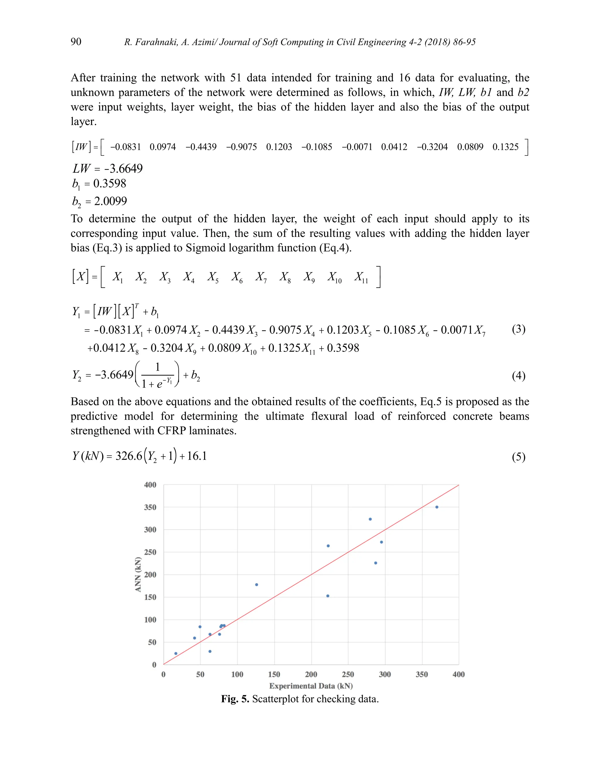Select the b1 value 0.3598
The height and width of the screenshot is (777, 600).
[x=110, y=184]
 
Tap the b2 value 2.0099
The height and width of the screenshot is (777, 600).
[x=110, y=201]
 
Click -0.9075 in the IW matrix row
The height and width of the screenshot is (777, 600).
[x=241, y=147]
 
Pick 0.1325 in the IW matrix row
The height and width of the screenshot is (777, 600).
[x=505, y=147]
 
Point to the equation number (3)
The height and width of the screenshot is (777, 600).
[x=519, y=329]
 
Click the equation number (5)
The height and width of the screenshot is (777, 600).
[x=519, y=457]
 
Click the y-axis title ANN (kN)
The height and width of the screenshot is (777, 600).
[x=138, y=574]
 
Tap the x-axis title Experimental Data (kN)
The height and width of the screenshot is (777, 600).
[x=311, y=686]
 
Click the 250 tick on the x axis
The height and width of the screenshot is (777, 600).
[x=348, y=674]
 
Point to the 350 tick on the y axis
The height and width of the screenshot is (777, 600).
[x=150, y=507]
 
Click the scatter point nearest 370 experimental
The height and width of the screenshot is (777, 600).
[x=437, y=507]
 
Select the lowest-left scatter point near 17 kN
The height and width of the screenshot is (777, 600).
[x=175, y=654]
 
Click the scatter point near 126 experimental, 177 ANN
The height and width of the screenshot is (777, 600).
[x=257, y=585]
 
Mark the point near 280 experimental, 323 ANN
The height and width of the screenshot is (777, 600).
[x=370, y=519]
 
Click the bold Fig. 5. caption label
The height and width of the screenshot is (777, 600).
[x=235, y=699]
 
